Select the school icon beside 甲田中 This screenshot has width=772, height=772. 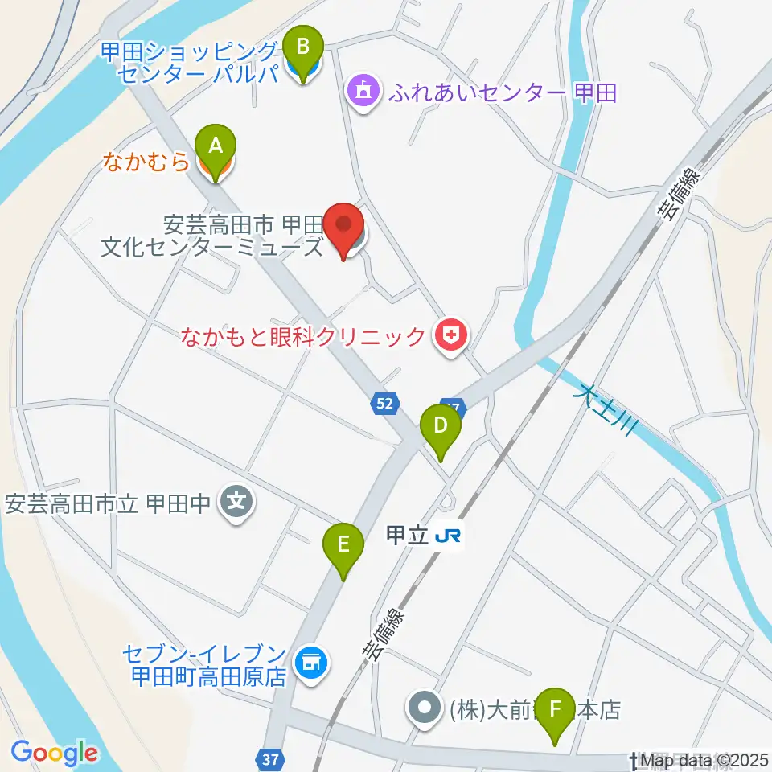click(x=236, y=504)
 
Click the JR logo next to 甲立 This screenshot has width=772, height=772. click(x=448, y=536)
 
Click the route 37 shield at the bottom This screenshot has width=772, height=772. click(x=270, y=758)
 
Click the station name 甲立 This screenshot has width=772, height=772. click(x=406, y=536)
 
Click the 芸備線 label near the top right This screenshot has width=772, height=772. click(x=677, y=192)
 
